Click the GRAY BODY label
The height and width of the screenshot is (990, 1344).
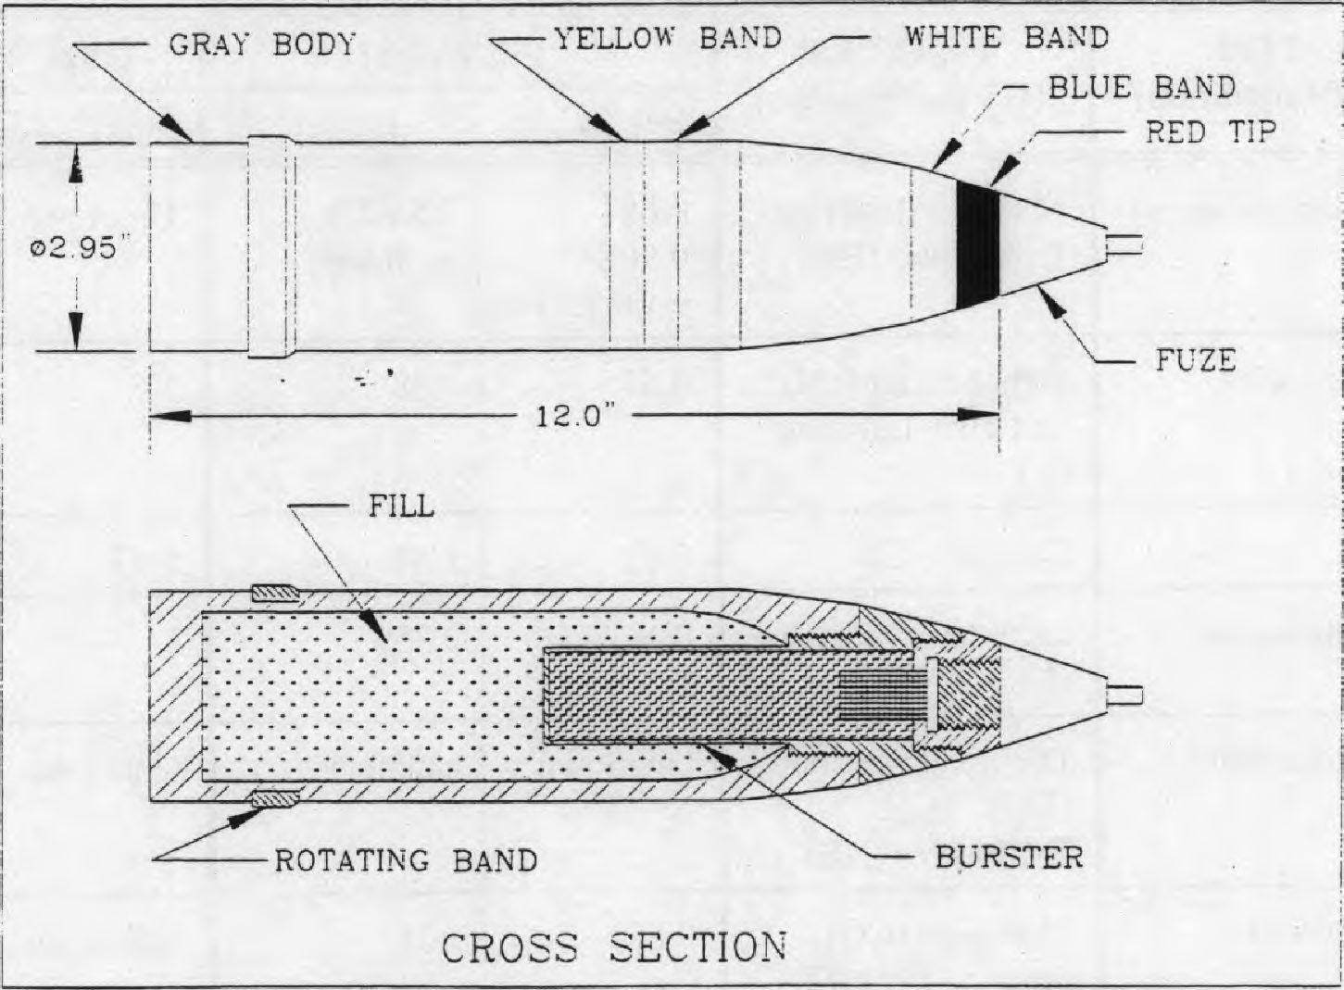tap(262, 45)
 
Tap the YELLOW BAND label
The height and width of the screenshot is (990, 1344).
tap(667, 39)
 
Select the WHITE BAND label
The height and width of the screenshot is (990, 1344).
tap(1006, 38)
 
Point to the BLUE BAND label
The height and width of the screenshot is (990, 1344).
tap(1141, 88)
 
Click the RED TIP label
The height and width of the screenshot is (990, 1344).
tap(1210, 132)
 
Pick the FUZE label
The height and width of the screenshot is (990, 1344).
tap(1196, 360)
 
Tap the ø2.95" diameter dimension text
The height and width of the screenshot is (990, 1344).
tap(73, 248)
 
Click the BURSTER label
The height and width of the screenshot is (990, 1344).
tap(1010, 857)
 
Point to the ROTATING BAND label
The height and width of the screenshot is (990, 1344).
tap(407, 860)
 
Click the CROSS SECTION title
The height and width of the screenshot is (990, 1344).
tap(614, 947)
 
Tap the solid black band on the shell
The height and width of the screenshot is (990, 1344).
tap(977, 245)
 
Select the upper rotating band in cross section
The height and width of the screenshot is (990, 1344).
tap(275, 594)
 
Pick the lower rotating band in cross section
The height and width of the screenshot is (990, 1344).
tap(275, 799)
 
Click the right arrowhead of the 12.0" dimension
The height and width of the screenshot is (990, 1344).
tap(979, 415)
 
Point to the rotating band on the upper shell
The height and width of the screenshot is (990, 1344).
tap(271, 246)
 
